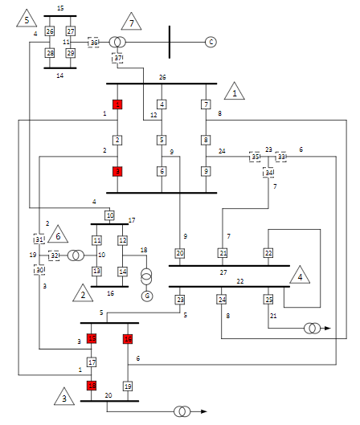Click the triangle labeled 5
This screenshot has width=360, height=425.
[27, 18]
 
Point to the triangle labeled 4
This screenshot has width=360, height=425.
[300, 276]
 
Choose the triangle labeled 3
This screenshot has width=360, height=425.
[64, 397]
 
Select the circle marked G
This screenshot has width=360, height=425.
[146, 296]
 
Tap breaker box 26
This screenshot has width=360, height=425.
[50, 31]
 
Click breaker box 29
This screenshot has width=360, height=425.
[71, 53]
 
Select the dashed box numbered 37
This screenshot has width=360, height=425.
[118, 58]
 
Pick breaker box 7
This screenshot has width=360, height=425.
[206, 104]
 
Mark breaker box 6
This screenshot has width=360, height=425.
[162, 171]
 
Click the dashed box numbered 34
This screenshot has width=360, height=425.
[269, 172]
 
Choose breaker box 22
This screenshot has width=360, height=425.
[268, 253]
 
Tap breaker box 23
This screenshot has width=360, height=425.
[180, 300]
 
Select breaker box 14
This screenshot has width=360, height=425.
[123, 272]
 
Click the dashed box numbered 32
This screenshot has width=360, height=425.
[54, 255]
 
